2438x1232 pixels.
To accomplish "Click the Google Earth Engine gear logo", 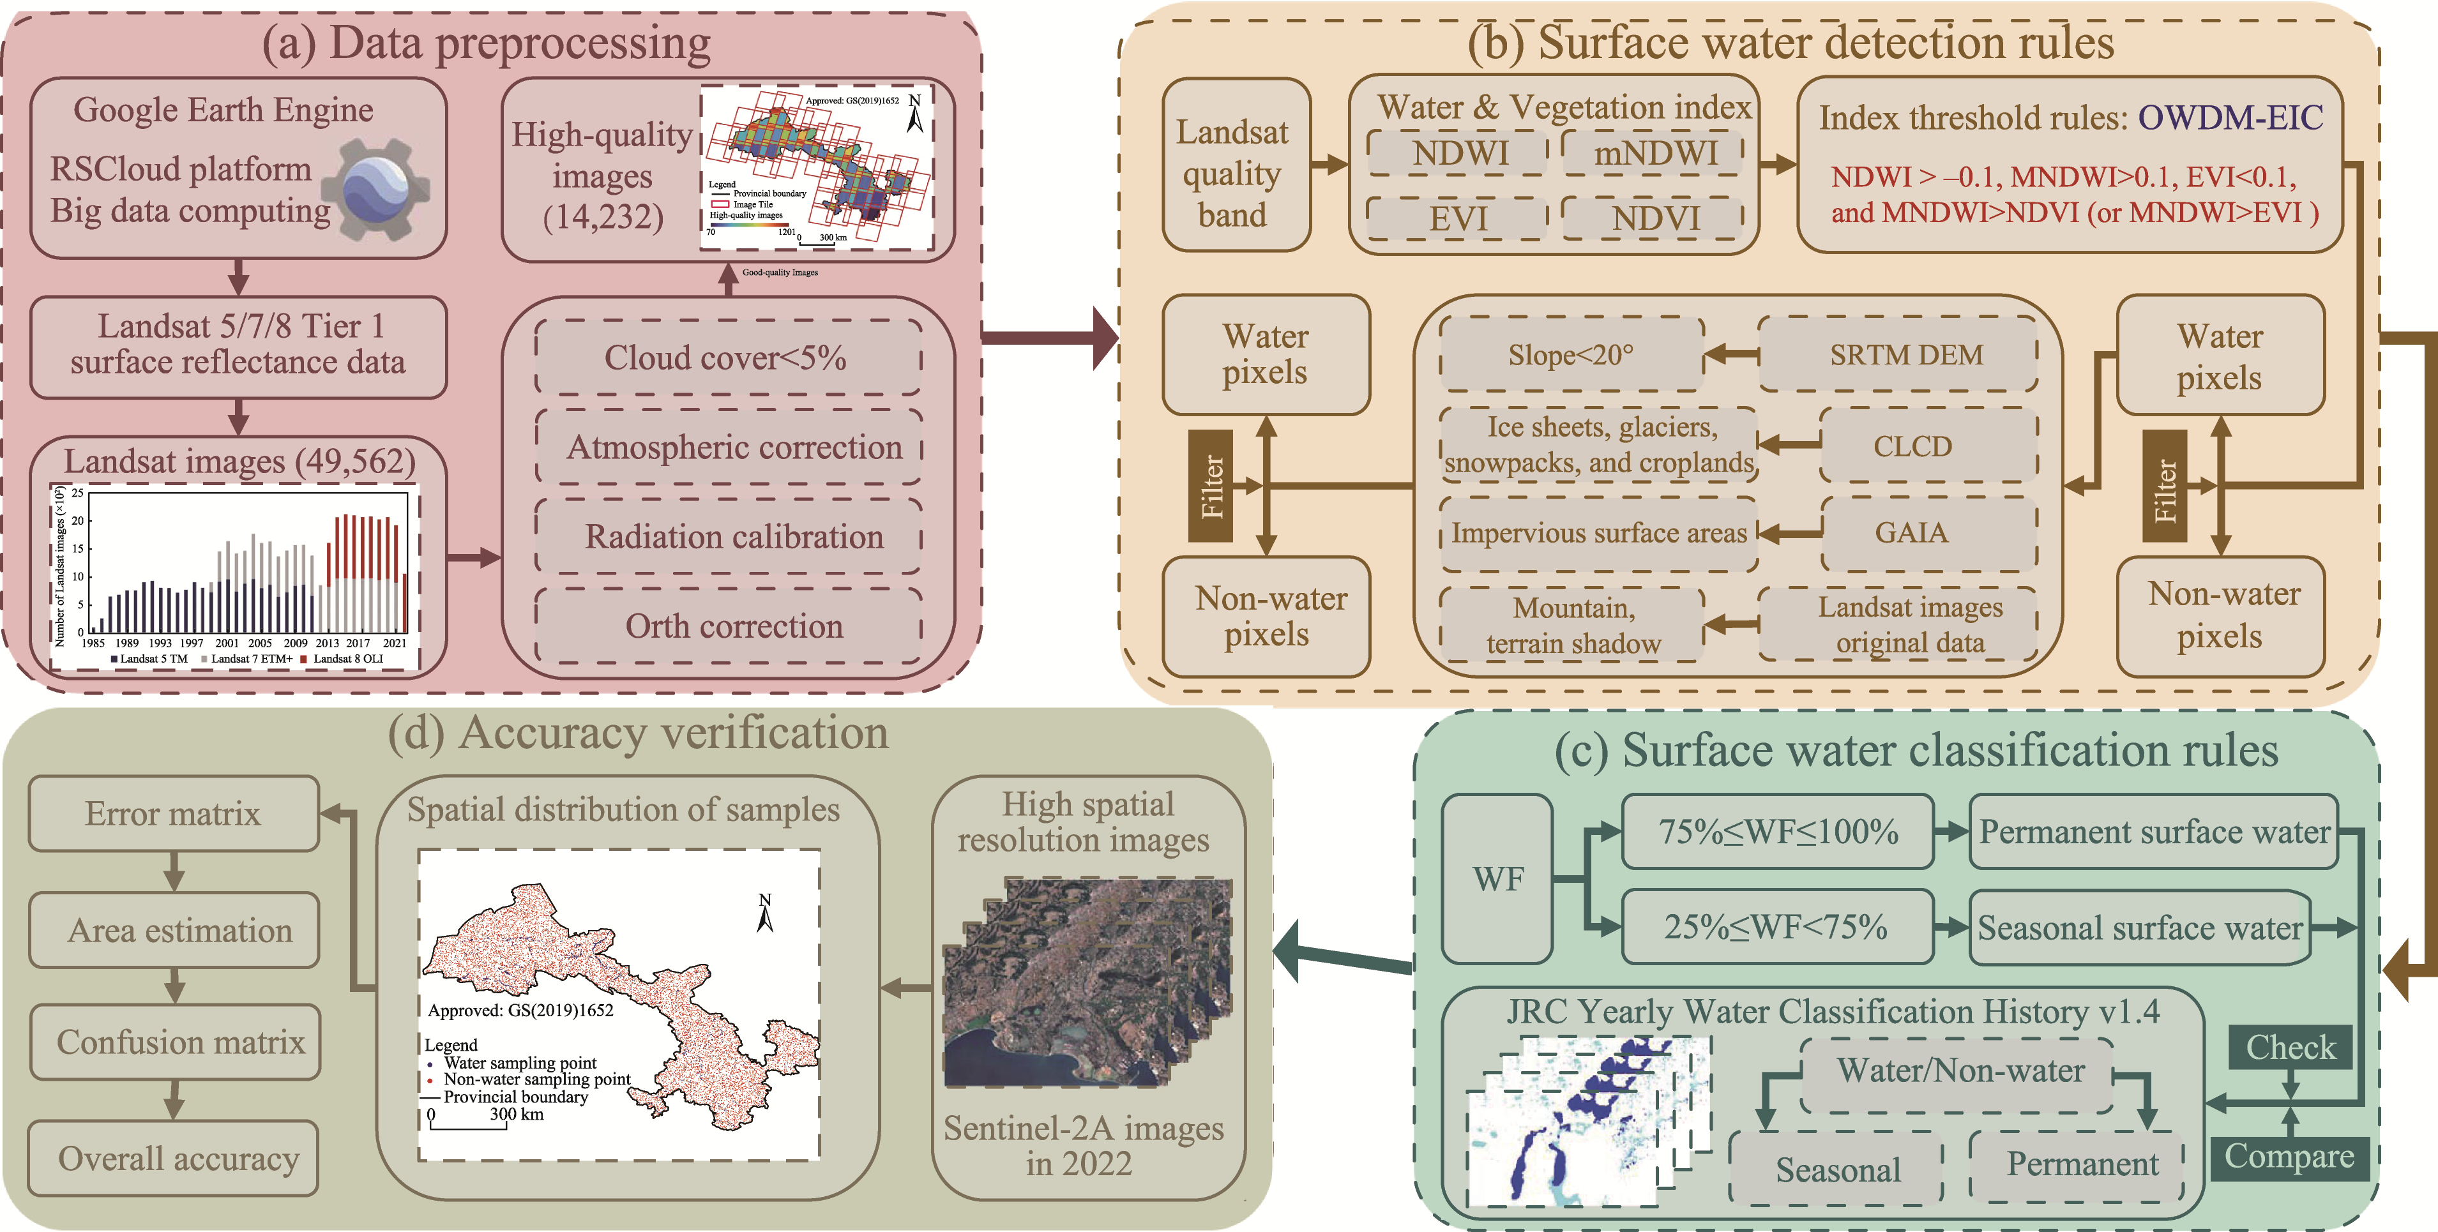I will pos(377,189).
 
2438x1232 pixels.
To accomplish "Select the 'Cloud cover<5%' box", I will pos(727,357).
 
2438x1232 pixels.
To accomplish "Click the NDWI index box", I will pos(1458,153).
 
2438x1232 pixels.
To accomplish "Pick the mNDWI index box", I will pos(1653,153).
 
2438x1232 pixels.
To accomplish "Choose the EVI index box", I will pos(1458,218).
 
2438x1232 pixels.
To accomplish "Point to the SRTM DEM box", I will pos(1898,355).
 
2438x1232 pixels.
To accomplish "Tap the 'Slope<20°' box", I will pos(1571,355).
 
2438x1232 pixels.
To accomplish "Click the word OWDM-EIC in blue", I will pos(2230,118).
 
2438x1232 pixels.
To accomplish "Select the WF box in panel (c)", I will pos(1497,879).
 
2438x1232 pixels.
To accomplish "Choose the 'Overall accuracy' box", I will pos(173,1158).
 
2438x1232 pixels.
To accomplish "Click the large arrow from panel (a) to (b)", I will pos(1050,337).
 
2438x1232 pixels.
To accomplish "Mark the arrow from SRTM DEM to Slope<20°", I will pos(1731,356).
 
